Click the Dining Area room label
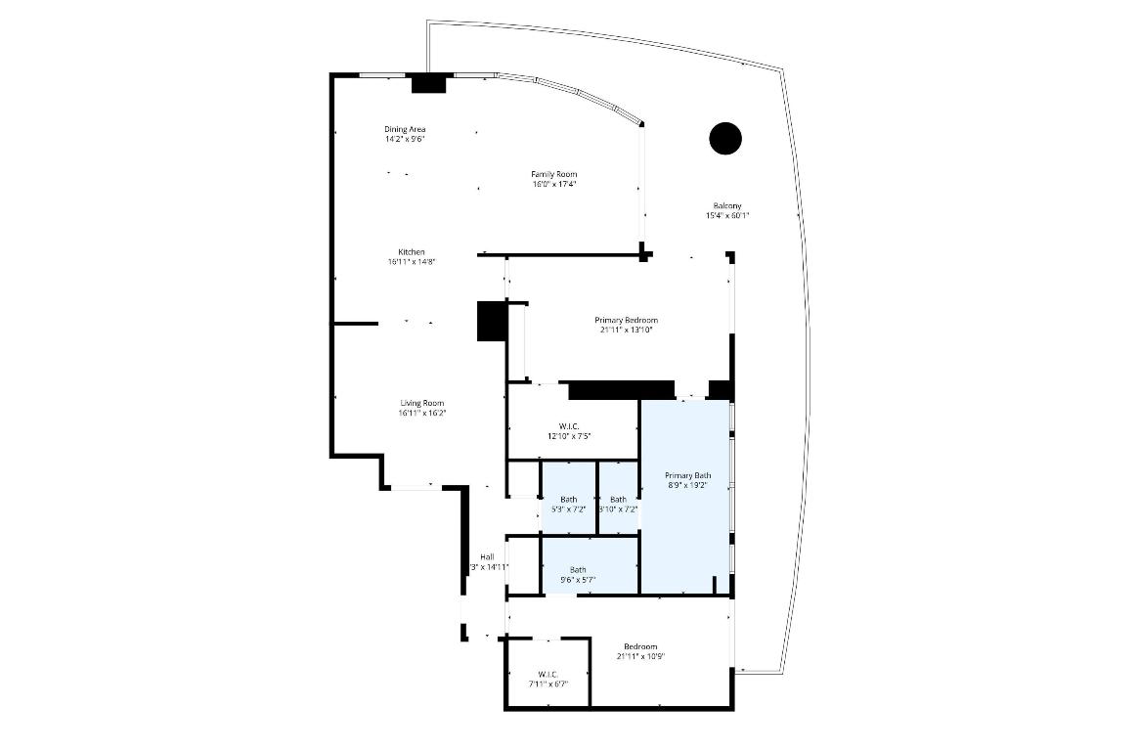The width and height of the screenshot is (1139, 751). (404, 129)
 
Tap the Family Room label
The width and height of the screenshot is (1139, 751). (553, 174)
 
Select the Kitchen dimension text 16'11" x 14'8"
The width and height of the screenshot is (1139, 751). (411, 262)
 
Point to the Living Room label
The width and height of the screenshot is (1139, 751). (421, 403)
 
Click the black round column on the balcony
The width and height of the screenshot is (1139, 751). (724, 138)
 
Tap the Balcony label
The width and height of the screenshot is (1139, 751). (726, 205)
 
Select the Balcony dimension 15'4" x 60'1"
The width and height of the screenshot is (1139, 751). (726, 215)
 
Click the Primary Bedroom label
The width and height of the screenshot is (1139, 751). (626, 320)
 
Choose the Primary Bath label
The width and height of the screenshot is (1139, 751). (688, 475)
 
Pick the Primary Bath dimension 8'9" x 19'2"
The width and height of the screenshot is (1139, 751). (688, 485)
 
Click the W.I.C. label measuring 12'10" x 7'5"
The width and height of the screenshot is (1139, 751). (569, 425)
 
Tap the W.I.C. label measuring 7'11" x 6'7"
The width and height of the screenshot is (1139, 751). (547, 674)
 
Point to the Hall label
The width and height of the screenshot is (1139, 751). (487, 556)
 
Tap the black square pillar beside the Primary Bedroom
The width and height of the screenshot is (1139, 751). (490, 322)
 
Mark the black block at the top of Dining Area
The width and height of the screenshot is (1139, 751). (428, 84)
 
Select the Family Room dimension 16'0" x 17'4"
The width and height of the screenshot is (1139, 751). (553, 184)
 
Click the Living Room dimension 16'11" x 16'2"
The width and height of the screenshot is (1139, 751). (421, 413)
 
